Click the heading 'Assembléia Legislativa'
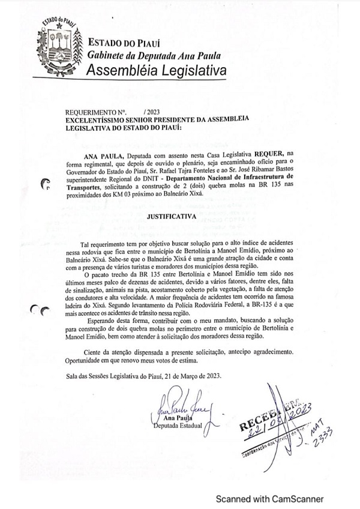[x=157, y=71]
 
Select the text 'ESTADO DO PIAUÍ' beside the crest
[x=124, y=43]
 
